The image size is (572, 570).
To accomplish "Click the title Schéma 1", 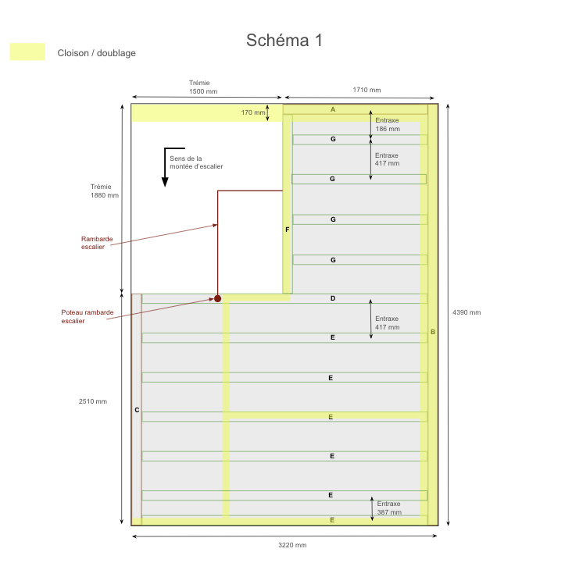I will [x=284, y=41].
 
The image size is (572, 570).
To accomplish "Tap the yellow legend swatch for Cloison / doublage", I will [x=27, y=52].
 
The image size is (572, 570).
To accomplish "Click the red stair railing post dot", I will [x=218, y=298].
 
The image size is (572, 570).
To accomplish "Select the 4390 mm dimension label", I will [x=467, y=312].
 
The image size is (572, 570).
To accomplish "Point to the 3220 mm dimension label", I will [x=292, y=545].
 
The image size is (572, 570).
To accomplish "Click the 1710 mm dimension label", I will [x=366, y=90].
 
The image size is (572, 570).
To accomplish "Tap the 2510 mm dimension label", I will [x=93, y=401].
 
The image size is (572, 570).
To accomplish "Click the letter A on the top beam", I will [x=333, y=109].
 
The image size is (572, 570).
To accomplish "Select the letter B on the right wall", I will [x=432, y=332].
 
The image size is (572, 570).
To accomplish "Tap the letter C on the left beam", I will [x=137, y=410].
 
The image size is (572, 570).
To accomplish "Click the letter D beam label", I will [x=333, y=298].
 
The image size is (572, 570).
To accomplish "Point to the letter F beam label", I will [x=288, y=230].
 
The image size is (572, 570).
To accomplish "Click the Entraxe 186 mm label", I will [x=387, y=124].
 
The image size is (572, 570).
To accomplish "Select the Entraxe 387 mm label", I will [x=388, y=508].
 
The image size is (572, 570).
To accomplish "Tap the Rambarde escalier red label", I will [x=92, y=243].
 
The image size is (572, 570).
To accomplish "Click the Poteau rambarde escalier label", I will [x=88, y=316].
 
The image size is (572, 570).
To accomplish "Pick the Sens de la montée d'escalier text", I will [x=196, y=162].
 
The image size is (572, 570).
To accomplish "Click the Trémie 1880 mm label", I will [x=105, y=191].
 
